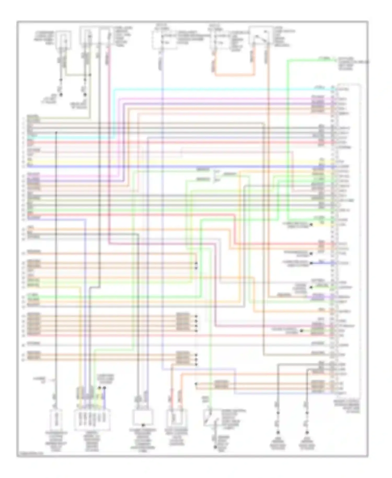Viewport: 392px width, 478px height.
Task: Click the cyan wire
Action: pyautogui.click(x=209, y=90)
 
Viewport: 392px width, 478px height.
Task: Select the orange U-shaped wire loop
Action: pyautogui.click(x=234, y=75)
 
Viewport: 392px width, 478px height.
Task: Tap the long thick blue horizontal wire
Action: pyautogui.click(x=183, y=167)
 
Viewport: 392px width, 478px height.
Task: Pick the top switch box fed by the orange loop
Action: pyautogui.click(x=260, y=36)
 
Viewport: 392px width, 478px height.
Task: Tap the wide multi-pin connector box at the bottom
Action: pyautogui.click(x=92, y=419)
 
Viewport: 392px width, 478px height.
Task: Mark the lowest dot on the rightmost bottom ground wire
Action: pyautogui.click(x=307, y=433)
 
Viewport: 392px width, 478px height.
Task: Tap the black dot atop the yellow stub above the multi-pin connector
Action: pyautogui.click(x=99, y=388)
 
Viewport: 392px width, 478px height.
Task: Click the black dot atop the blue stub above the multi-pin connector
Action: pyautogui.click(x=104, y=388)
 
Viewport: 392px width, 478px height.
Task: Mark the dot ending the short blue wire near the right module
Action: pyautogui.click(x=311, y=263)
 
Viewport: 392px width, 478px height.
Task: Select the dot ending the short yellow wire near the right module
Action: pyautogui.click(x=311, y=225)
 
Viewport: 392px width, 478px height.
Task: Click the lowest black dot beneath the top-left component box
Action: pyautogui.click(x=61, y=95)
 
